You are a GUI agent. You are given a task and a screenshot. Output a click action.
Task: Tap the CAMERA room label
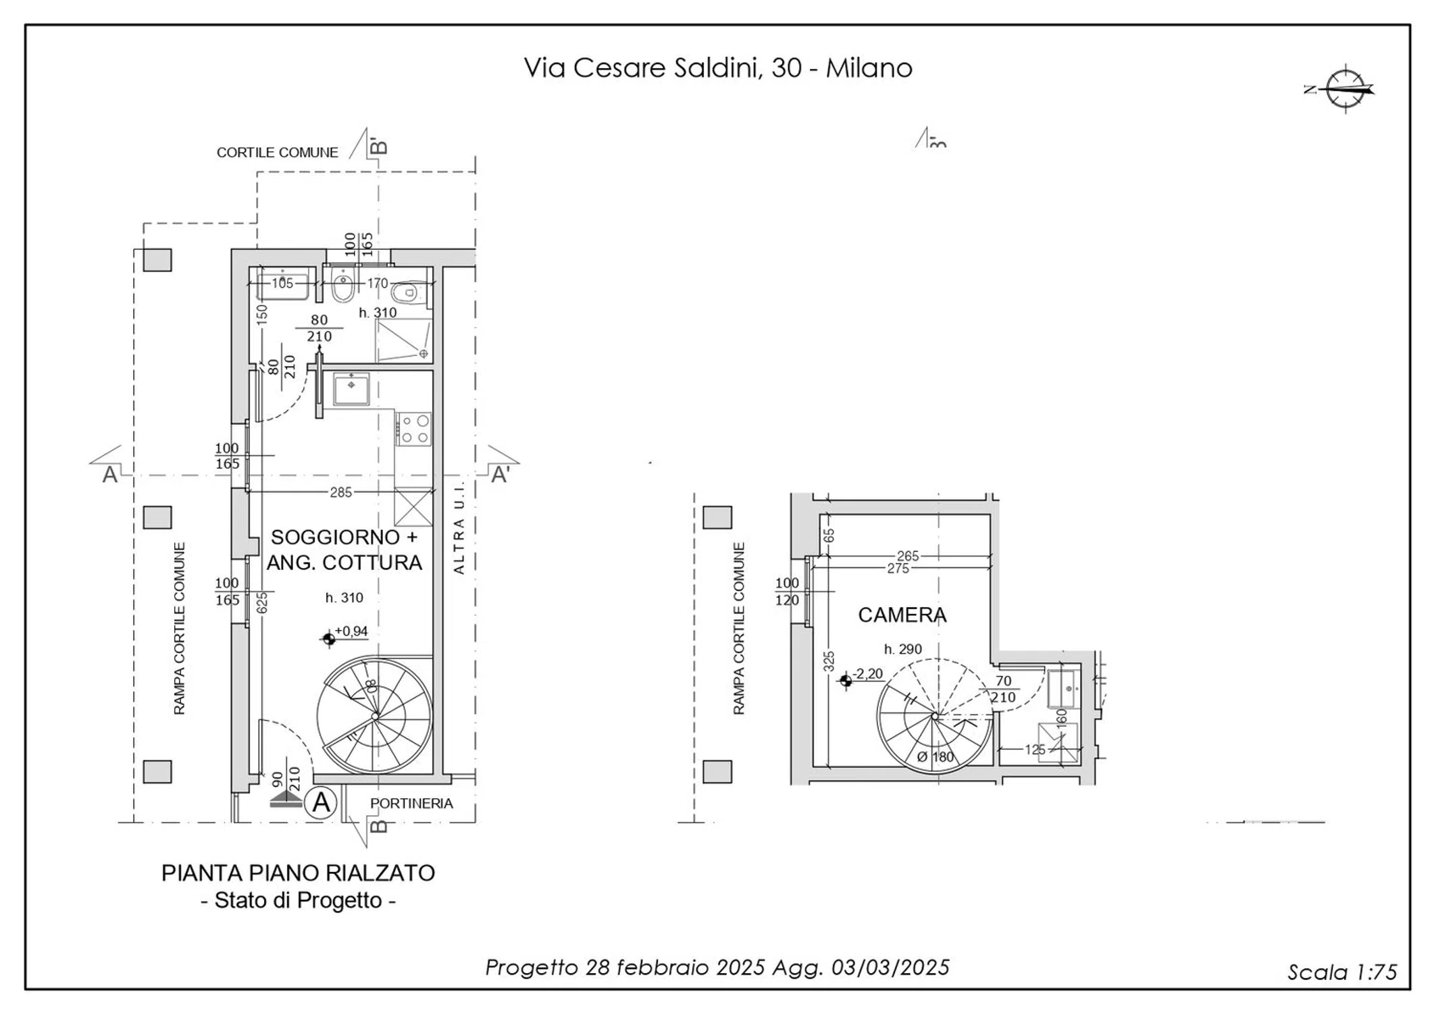point(902,615)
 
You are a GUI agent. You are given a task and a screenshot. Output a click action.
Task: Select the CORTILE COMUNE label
point(277,153)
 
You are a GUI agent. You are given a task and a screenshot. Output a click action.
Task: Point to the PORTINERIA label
point(411,804)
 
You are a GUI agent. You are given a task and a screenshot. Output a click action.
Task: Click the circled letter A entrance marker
point(320,803)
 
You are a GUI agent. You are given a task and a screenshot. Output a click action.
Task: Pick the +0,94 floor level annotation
point(351,631)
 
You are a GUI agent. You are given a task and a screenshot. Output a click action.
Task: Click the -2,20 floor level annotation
point(867,674)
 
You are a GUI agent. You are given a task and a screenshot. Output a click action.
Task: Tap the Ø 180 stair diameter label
point(935,757)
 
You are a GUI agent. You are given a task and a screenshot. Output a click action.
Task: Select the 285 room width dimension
point(340,493)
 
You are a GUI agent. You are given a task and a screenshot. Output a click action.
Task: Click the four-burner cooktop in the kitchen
point(414,430)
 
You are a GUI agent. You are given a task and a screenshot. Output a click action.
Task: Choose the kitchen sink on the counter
point(351,389)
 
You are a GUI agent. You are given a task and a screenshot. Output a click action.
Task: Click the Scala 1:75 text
point(1341,972)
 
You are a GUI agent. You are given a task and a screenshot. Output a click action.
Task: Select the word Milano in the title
point(869,68)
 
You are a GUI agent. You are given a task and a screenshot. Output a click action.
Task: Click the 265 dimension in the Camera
point(908,556)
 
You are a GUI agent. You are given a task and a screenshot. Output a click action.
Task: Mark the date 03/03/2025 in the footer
point(890,968)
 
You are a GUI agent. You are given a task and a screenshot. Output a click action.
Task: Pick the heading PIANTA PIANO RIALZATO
point(298,873)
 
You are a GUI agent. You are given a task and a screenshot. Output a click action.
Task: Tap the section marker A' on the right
point(500,475)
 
